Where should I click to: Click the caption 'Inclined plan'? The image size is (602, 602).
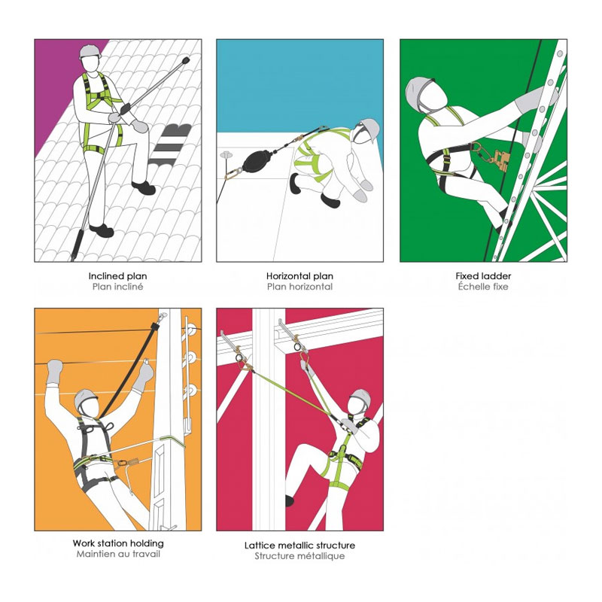(117, 276)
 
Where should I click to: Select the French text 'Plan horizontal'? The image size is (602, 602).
(299, 287)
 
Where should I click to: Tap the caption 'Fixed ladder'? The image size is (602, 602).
(483, 275)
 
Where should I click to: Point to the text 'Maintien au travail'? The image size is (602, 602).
(118, 554)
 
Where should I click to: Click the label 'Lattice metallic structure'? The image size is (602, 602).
(299, 545)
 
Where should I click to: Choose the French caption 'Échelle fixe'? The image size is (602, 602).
(483, 287)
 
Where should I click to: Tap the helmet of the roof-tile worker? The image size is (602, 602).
(90, 51)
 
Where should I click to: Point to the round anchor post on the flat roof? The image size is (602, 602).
(227, 156)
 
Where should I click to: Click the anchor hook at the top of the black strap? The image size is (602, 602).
(163, 316)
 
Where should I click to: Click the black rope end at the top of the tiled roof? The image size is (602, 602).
(186, 61)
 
